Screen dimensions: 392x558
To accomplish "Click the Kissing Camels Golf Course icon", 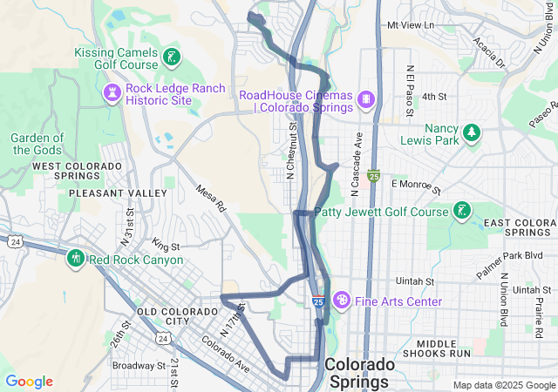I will [172, 59].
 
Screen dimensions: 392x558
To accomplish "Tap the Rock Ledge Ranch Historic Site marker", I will [113, 93].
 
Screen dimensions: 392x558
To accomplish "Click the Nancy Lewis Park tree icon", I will [472, 132].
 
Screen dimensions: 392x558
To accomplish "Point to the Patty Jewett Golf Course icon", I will [461, 211].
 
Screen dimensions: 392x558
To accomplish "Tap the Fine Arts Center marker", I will [342, 301].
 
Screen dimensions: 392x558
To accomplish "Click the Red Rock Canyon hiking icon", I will [76, 259].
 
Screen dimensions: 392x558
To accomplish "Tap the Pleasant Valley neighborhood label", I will [117, 193].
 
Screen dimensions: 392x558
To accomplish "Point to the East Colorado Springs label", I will [520, 228].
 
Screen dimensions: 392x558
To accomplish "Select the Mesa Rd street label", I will [211, 198].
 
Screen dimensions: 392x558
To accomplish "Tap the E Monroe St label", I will [416, 186].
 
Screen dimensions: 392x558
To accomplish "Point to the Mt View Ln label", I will [410, 25].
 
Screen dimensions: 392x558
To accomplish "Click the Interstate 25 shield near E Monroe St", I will [373, 176].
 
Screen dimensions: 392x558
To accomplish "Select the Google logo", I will [30, 382].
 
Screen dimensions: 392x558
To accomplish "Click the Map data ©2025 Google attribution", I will [503, 385].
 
